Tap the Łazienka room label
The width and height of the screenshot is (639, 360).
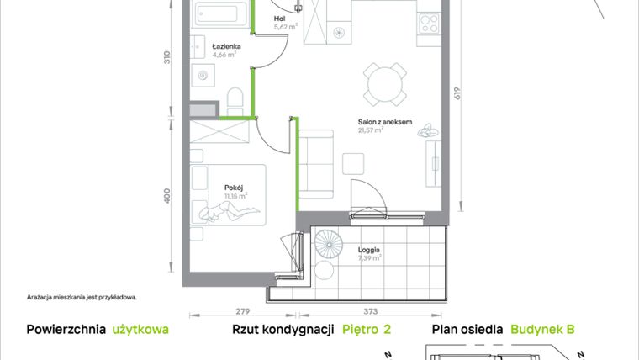coord(227,46)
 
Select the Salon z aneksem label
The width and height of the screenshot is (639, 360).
coord(384,122)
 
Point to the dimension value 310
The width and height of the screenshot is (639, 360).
coord(167,58)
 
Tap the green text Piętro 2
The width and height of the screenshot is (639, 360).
coord(367,331)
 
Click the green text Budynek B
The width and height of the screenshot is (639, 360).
coord(542,331)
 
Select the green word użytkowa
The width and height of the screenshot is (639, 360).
coord(140,331)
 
